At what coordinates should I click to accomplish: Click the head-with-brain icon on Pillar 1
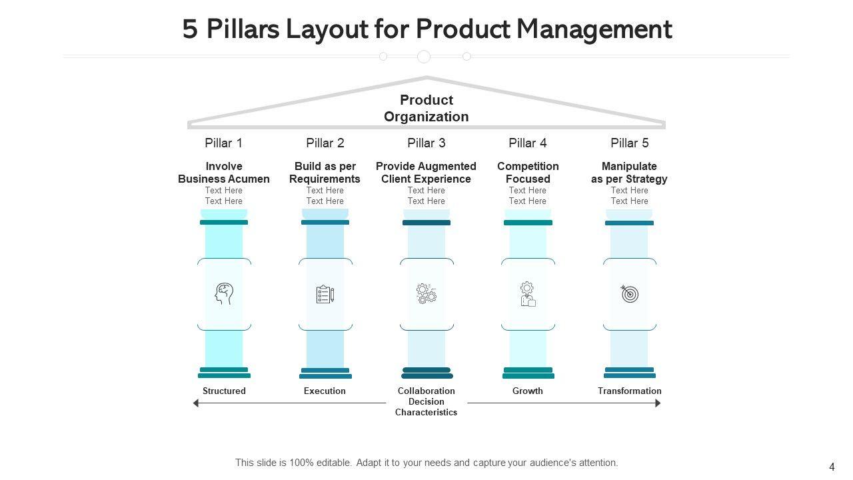(224, 294)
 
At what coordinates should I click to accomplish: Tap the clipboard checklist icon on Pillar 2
(325, 294)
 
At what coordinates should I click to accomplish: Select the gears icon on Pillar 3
(426, 294)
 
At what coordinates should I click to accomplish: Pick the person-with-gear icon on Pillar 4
(528, 294)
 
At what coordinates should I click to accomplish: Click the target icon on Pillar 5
(630, 294)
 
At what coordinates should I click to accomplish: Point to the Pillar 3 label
(426, 143)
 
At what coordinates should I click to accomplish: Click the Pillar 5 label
(630, 143)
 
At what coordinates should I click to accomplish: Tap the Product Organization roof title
(426, 108)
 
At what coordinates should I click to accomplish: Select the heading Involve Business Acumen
(224, 173)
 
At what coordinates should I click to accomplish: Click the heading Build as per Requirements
(325, 173)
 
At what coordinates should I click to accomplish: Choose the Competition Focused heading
(528, 173)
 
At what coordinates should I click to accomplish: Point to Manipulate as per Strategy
(630, 173)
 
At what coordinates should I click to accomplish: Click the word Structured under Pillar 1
(224, 391)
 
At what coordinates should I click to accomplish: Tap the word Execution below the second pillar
(325, 391)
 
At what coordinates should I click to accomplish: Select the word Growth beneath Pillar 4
(528, 391)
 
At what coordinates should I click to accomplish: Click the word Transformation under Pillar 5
(630, 391)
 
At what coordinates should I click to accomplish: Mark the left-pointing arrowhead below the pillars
(196, 403)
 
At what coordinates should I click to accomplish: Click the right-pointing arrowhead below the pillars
(658, 403)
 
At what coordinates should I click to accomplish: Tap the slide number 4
(832, 467)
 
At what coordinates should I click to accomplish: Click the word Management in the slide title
(594, 29)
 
